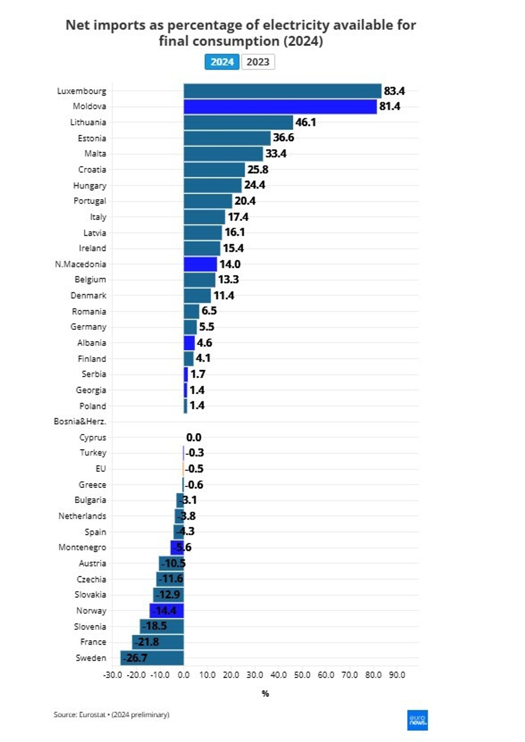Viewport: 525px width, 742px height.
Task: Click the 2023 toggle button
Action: click(x=258, y=62)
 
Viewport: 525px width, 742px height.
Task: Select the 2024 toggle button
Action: click(x=222, y=62)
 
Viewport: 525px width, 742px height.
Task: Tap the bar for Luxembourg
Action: click(x=282, y=91)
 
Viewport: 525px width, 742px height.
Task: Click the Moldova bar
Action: click(x=280, y=106)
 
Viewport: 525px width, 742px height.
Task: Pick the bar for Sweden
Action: click(x=152, y=658)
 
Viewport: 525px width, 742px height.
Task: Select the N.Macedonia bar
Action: click(x=200, y=264)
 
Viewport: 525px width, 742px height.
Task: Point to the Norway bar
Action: click(x=167, y=610)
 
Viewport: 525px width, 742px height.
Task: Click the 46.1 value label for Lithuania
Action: click(x=305, y=122)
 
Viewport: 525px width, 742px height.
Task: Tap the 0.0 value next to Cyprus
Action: click(x=194, y=437)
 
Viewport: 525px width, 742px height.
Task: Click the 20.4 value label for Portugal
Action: click(x=245, y=201)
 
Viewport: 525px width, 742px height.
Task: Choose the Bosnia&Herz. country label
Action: click(x=80, y=421)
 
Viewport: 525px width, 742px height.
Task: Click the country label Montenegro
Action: click(x=82, y=547)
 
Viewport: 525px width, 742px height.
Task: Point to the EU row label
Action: click(x=101, y=469)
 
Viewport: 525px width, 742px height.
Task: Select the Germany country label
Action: click(x=88, y=327)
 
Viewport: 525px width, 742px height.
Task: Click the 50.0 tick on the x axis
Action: click(x=302, y=675)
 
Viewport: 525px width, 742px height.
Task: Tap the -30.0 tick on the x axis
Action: click(x=112, y=675)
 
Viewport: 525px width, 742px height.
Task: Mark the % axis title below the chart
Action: click(x=265, y=693)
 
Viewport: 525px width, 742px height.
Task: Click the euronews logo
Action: click(x=417, y=720)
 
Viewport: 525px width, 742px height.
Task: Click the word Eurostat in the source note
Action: click(x=92, y=714)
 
